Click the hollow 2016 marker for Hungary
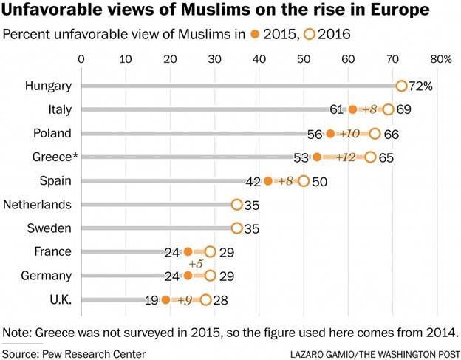[x=401, y=86]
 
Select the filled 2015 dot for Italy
[x=352, y=109]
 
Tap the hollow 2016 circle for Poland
[x=375, y=133]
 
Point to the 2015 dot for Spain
[x=268, y=181]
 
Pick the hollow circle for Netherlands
[x=236, y=205]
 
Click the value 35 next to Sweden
[x=253, y=228]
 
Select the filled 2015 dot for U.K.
[x=165, y=299]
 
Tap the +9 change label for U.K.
[x=185, y=299]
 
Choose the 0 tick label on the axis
[x=81, y=58]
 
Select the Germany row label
[x=47, y=276]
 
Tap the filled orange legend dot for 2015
[x=256, y=34]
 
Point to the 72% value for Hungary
[x=421, y=86]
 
